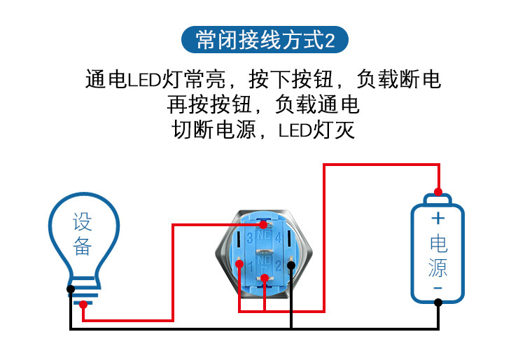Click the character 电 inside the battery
click(x=438, y=244)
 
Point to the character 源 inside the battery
click(x=438, y=268)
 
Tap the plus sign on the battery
click(x=438, y=218)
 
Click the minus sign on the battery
click(x=438, y=288)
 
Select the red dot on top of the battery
click(x=438, y=191)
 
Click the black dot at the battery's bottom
click(x=438, y=303)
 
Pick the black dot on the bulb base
click(x=71, y=289)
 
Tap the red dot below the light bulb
click(x=83, y=304)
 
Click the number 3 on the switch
click(x=250, y=238)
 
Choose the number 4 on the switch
click(x=278, y=238)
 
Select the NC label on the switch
click(x=264, y=235)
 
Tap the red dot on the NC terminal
click(x=263, y=225)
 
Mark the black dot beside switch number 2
click(x=290, y=265)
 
